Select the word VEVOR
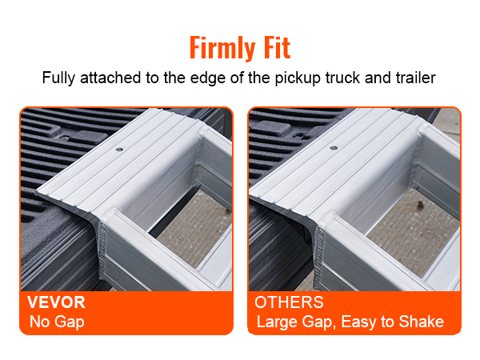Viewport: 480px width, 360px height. coord(57,303)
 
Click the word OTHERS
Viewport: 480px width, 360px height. coord(289,303)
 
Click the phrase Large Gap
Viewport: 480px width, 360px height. coord(290,323)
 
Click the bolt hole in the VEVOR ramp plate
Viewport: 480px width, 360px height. coord(118,150)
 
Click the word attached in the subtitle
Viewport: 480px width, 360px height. coord(106,79)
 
